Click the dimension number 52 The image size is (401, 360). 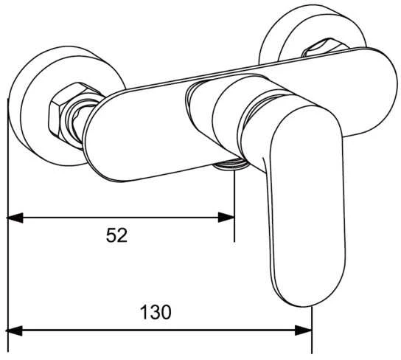tap(116, 235)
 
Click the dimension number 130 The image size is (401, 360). tap(156, 312)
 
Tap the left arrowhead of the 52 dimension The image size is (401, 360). tap(15, 218)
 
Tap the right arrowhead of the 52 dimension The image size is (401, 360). tap(226, 218)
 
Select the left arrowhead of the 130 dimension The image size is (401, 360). tap(15, 330)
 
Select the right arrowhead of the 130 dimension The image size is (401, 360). tap(304, 330)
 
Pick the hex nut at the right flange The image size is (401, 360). tap(323, 47)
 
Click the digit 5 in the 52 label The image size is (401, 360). tap(111, 235)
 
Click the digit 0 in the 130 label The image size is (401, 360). tap(167, 312)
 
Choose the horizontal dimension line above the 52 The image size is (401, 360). tap(120, 218)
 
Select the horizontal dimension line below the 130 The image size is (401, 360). tap(159, 330)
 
